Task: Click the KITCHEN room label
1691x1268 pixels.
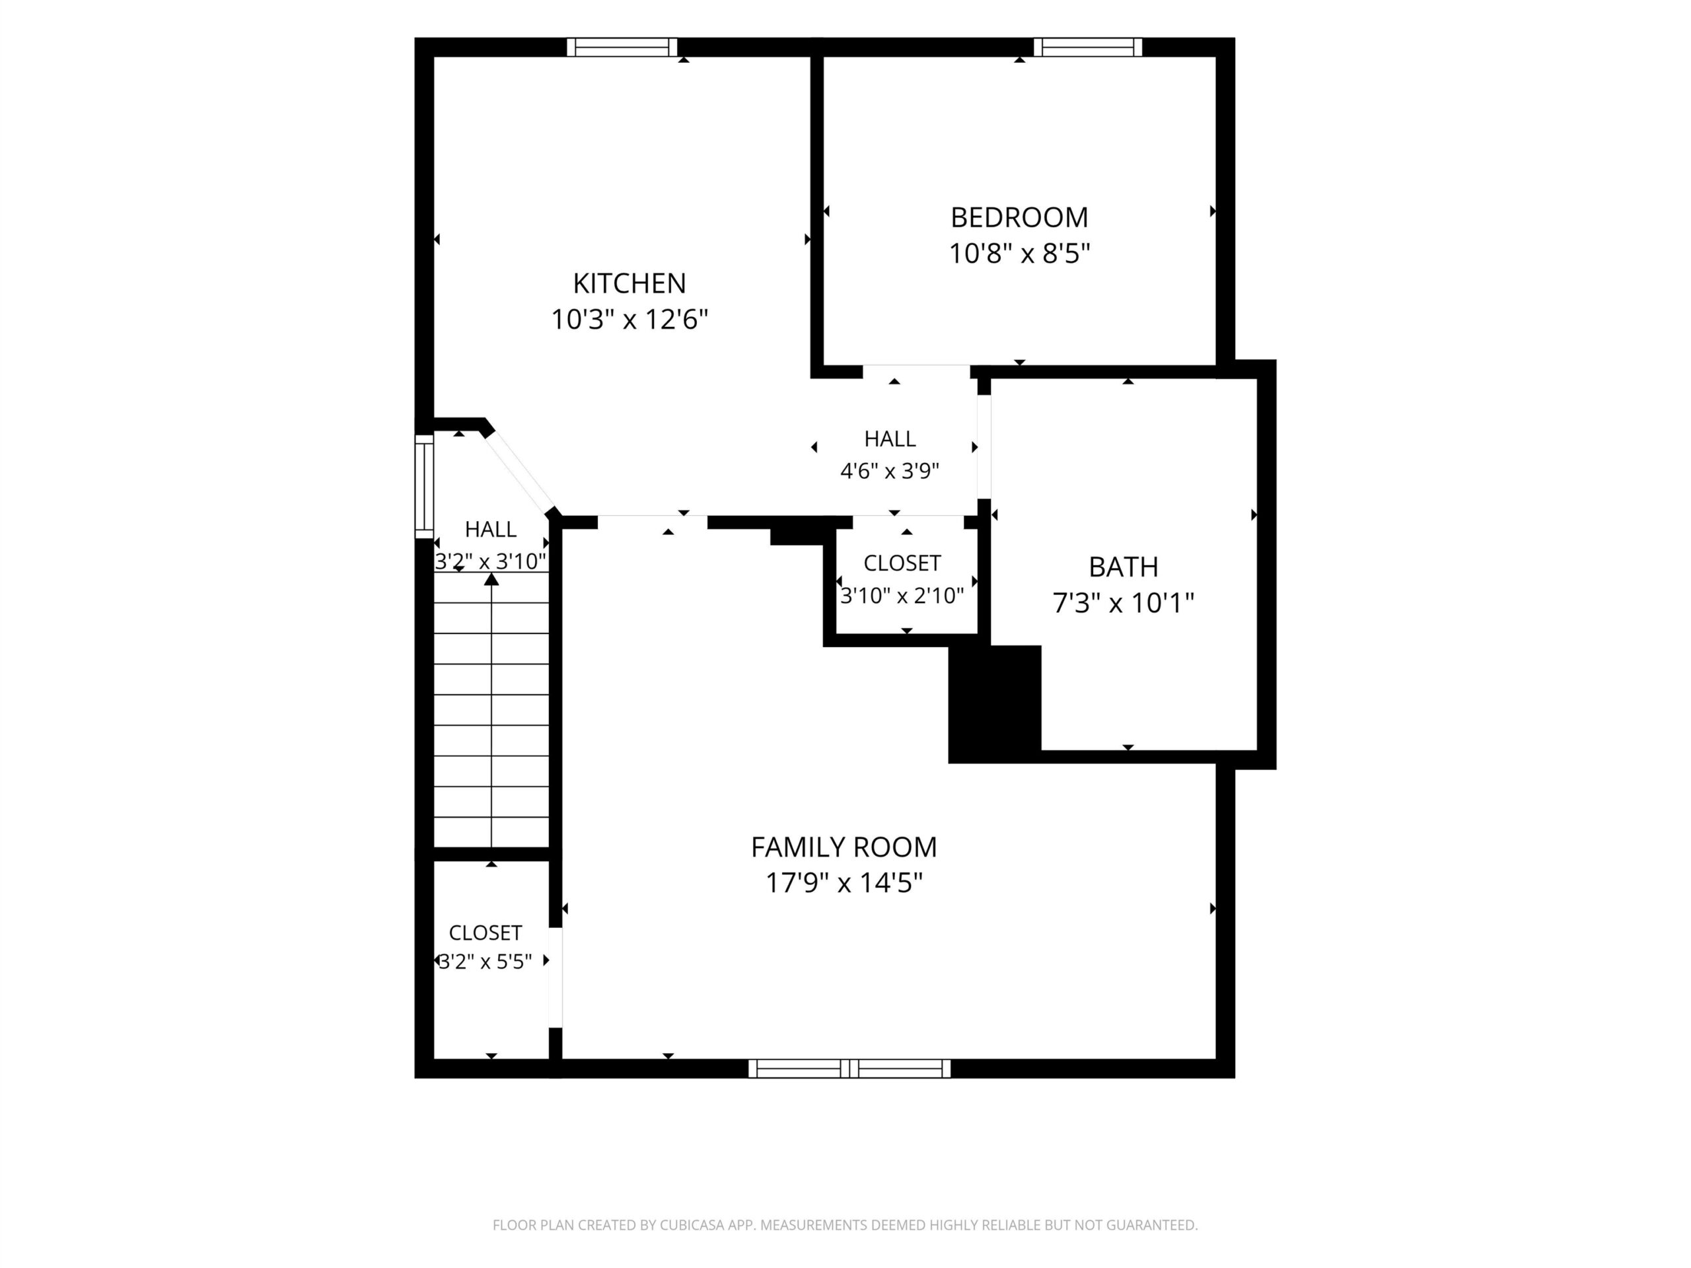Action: [629, 283]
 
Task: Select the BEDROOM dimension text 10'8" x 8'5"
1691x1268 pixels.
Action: [1019, 253]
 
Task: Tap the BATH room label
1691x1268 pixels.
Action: [1123, 567]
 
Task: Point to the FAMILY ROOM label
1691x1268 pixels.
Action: [844, 847]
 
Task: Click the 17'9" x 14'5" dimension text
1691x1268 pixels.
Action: [844, 883]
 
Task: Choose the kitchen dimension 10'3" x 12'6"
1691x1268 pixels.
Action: [629, 320]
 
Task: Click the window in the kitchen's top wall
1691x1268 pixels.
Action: [622, 48]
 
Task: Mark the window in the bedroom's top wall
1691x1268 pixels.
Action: [1088, 48]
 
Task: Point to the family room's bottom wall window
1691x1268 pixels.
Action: [849, 1069]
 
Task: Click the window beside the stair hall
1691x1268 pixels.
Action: [424, 486]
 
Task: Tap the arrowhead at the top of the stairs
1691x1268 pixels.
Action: [491, 579]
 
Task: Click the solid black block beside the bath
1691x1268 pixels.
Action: [995, 704]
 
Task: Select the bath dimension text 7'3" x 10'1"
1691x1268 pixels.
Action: [1123, 603]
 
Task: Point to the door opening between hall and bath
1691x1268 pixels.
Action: [985, 447]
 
